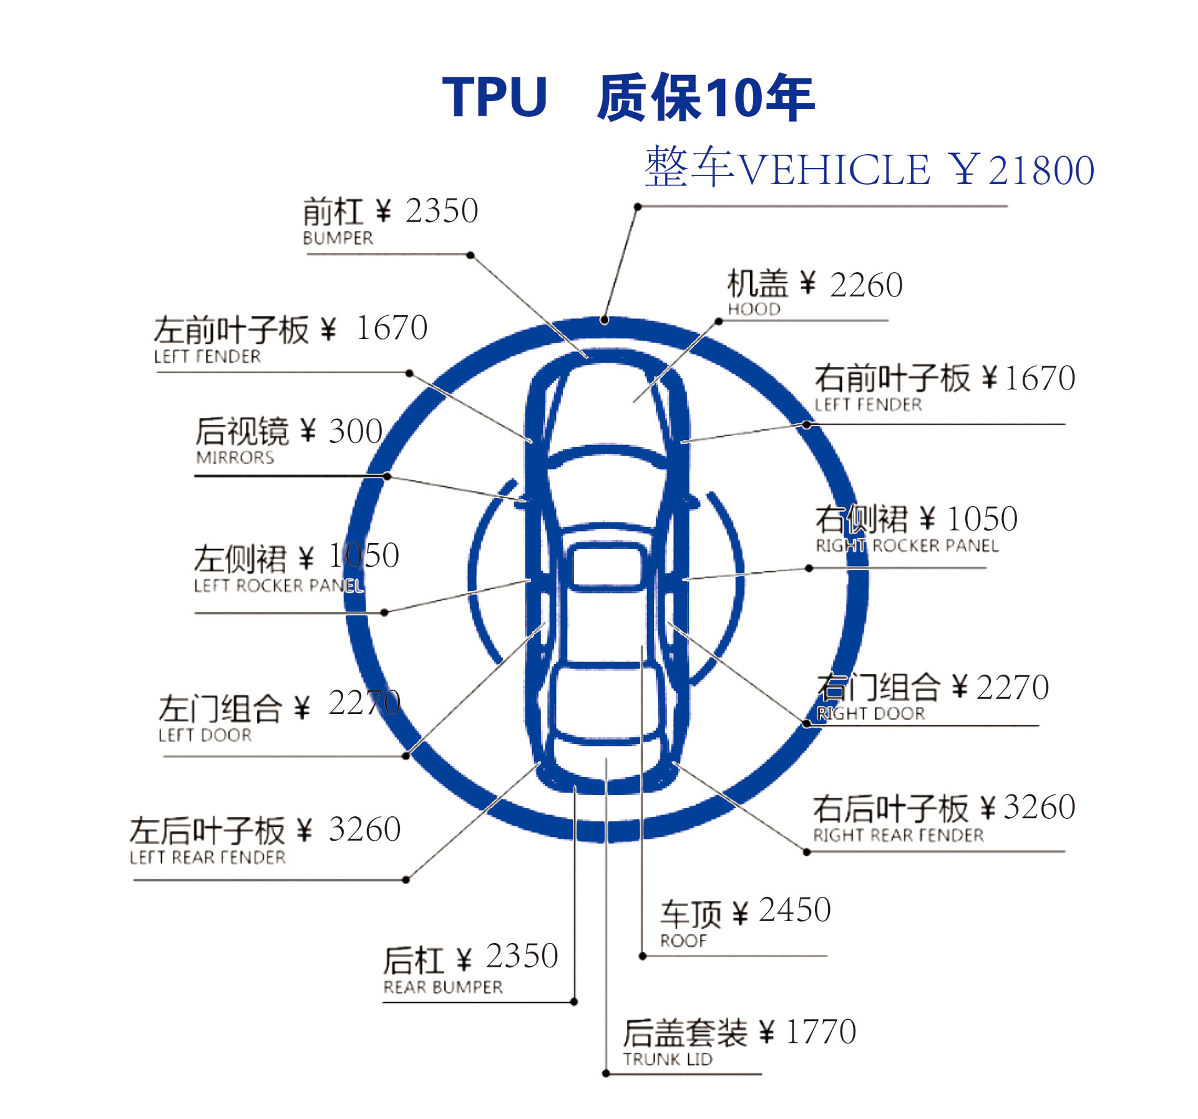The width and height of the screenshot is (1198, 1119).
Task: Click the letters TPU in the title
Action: [494, 97]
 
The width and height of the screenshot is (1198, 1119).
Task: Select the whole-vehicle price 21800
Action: [1041, 170]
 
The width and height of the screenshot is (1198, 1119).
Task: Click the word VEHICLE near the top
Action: [834, 170]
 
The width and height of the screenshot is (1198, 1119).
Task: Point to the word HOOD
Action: [754, 309]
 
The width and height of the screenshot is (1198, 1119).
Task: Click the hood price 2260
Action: [866, 285]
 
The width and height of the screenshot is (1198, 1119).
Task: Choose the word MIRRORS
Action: [235, 457]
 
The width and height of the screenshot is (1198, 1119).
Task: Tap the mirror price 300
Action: [356, 431]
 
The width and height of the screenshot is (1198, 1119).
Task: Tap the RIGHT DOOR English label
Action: [870, 713]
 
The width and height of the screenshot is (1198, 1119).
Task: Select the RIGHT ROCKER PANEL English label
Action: [907, 545]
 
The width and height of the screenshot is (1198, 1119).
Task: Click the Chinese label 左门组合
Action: [220, 708]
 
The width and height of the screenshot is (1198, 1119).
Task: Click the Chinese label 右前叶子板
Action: [892, 378]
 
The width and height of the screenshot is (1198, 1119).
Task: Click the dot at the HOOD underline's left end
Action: [719, 321]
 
